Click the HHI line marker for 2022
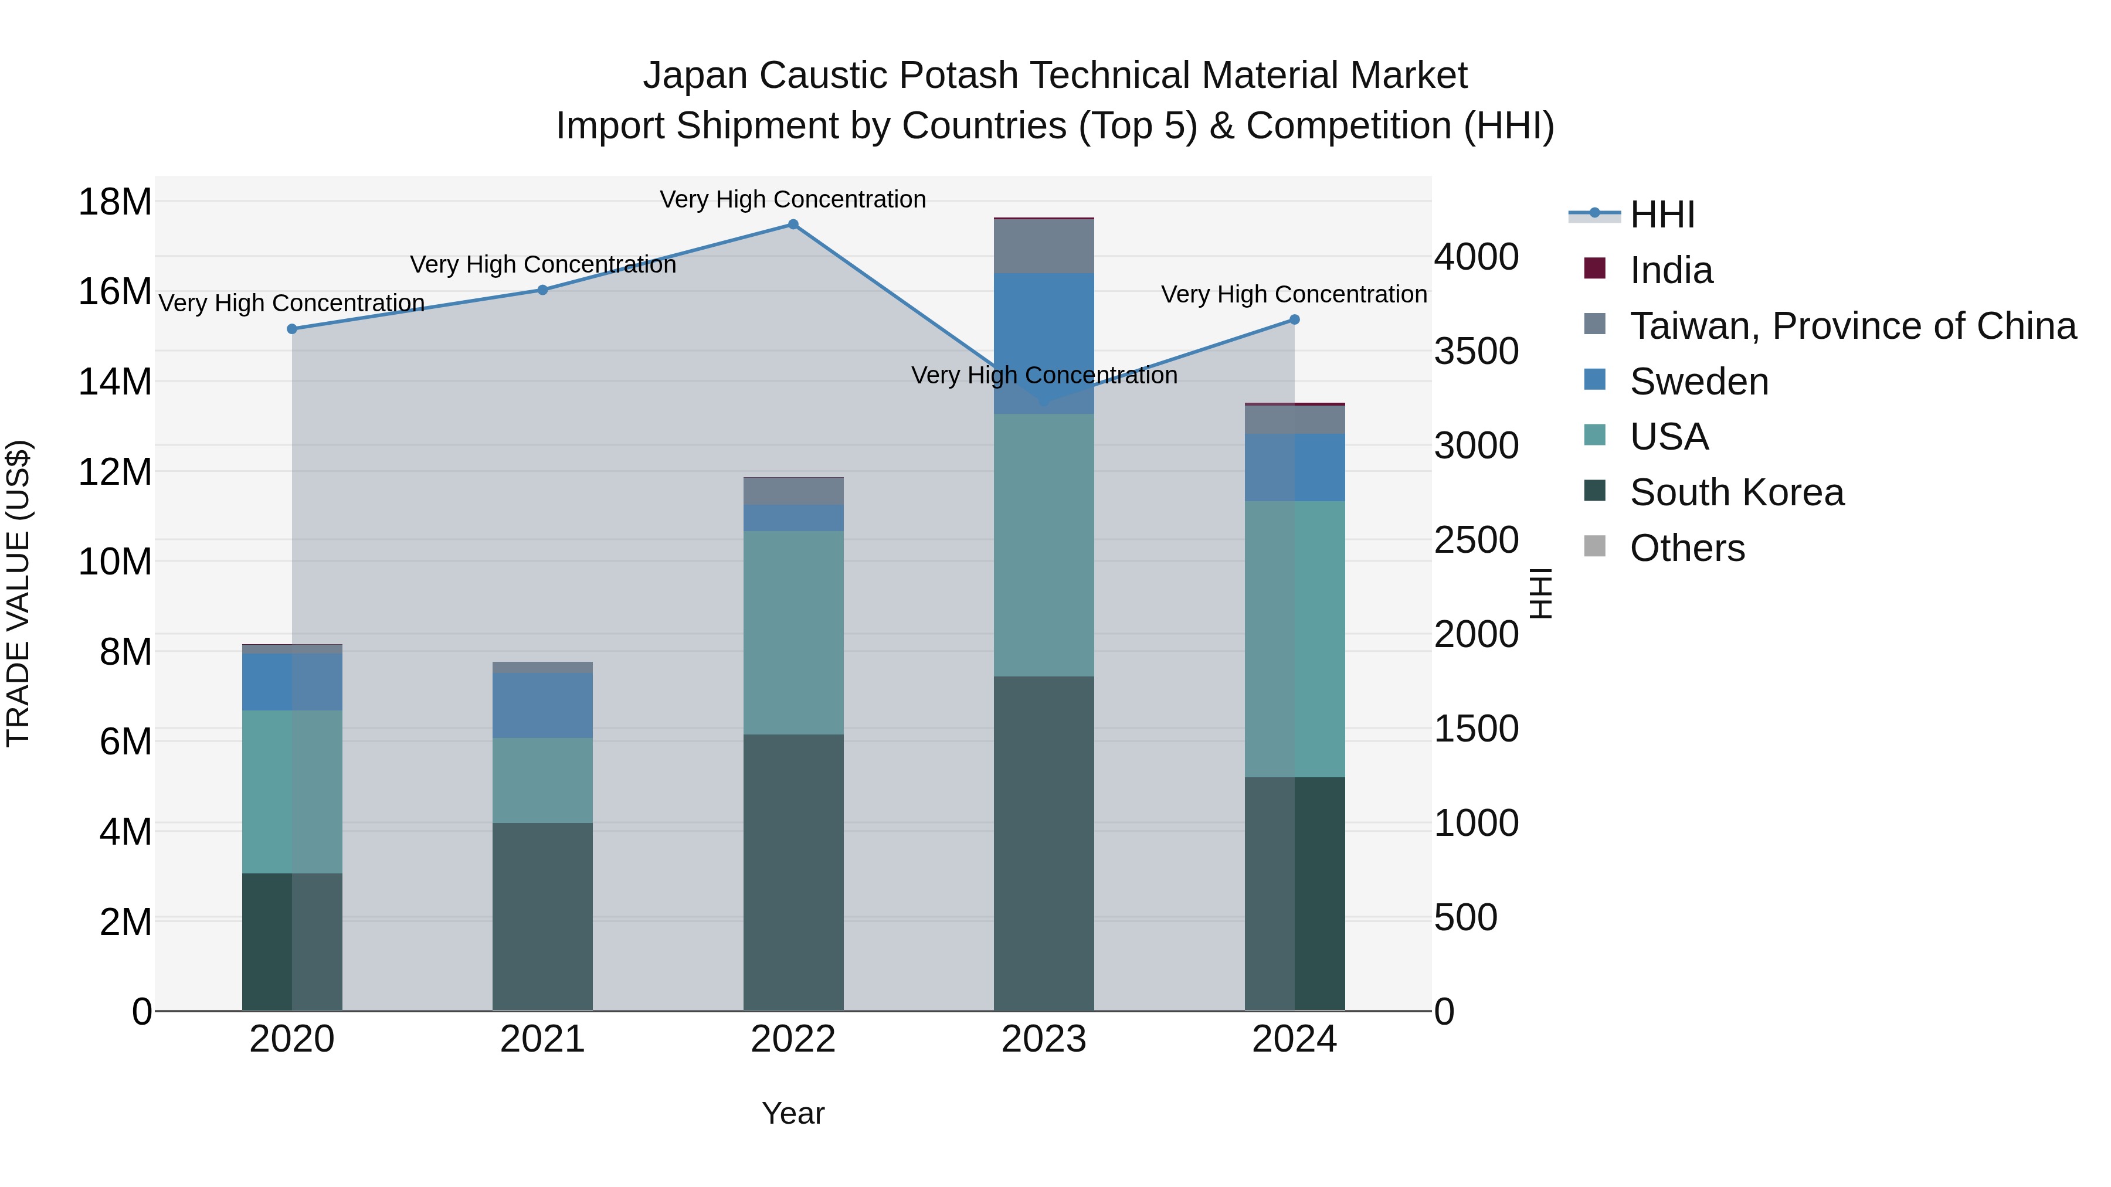[792, 225]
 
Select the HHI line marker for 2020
[292, 328]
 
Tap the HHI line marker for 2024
[1294, 319]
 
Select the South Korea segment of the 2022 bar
[792, 872]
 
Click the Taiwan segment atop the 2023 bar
[1043, 246]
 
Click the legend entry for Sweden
[1698, 382]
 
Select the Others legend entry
[1686, 548]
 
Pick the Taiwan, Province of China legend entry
[1852, 326]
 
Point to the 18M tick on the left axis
[115, 202]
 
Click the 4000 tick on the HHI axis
[1476, 256]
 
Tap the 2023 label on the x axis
[1043, 1039]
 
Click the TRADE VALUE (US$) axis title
[18, 593]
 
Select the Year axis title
[792, 1113]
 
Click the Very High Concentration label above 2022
[792, 199]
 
